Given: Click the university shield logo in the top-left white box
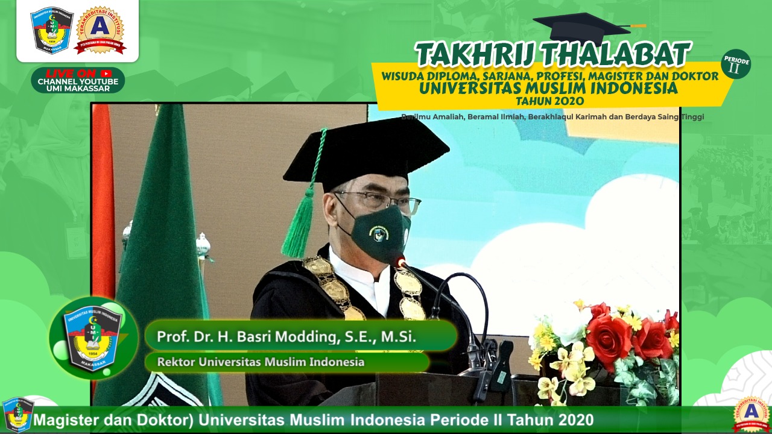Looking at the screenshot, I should pyautogui.click(x=51, y=30).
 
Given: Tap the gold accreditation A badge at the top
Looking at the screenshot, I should pyautogui.click(x=100, y=30).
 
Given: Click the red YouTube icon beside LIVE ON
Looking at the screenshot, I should pyautogui.click(x=106, y=74).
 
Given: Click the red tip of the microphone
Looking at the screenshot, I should pyautogui.click(x=400, y=262).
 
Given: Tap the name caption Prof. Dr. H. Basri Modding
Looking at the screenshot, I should pyautogui.click(x=286, y=336).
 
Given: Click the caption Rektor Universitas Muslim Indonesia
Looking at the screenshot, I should pyautogui.click(x=261, y=362).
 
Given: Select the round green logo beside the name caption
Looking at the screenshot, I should pyautogui.click(x=93, y=338).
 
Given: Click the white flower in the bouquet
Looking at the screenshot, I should pyautogui.click(x=569, y=324).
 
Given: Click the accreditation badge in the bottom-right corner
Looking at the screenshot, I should pyautogui.click(x=751, y=414).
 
